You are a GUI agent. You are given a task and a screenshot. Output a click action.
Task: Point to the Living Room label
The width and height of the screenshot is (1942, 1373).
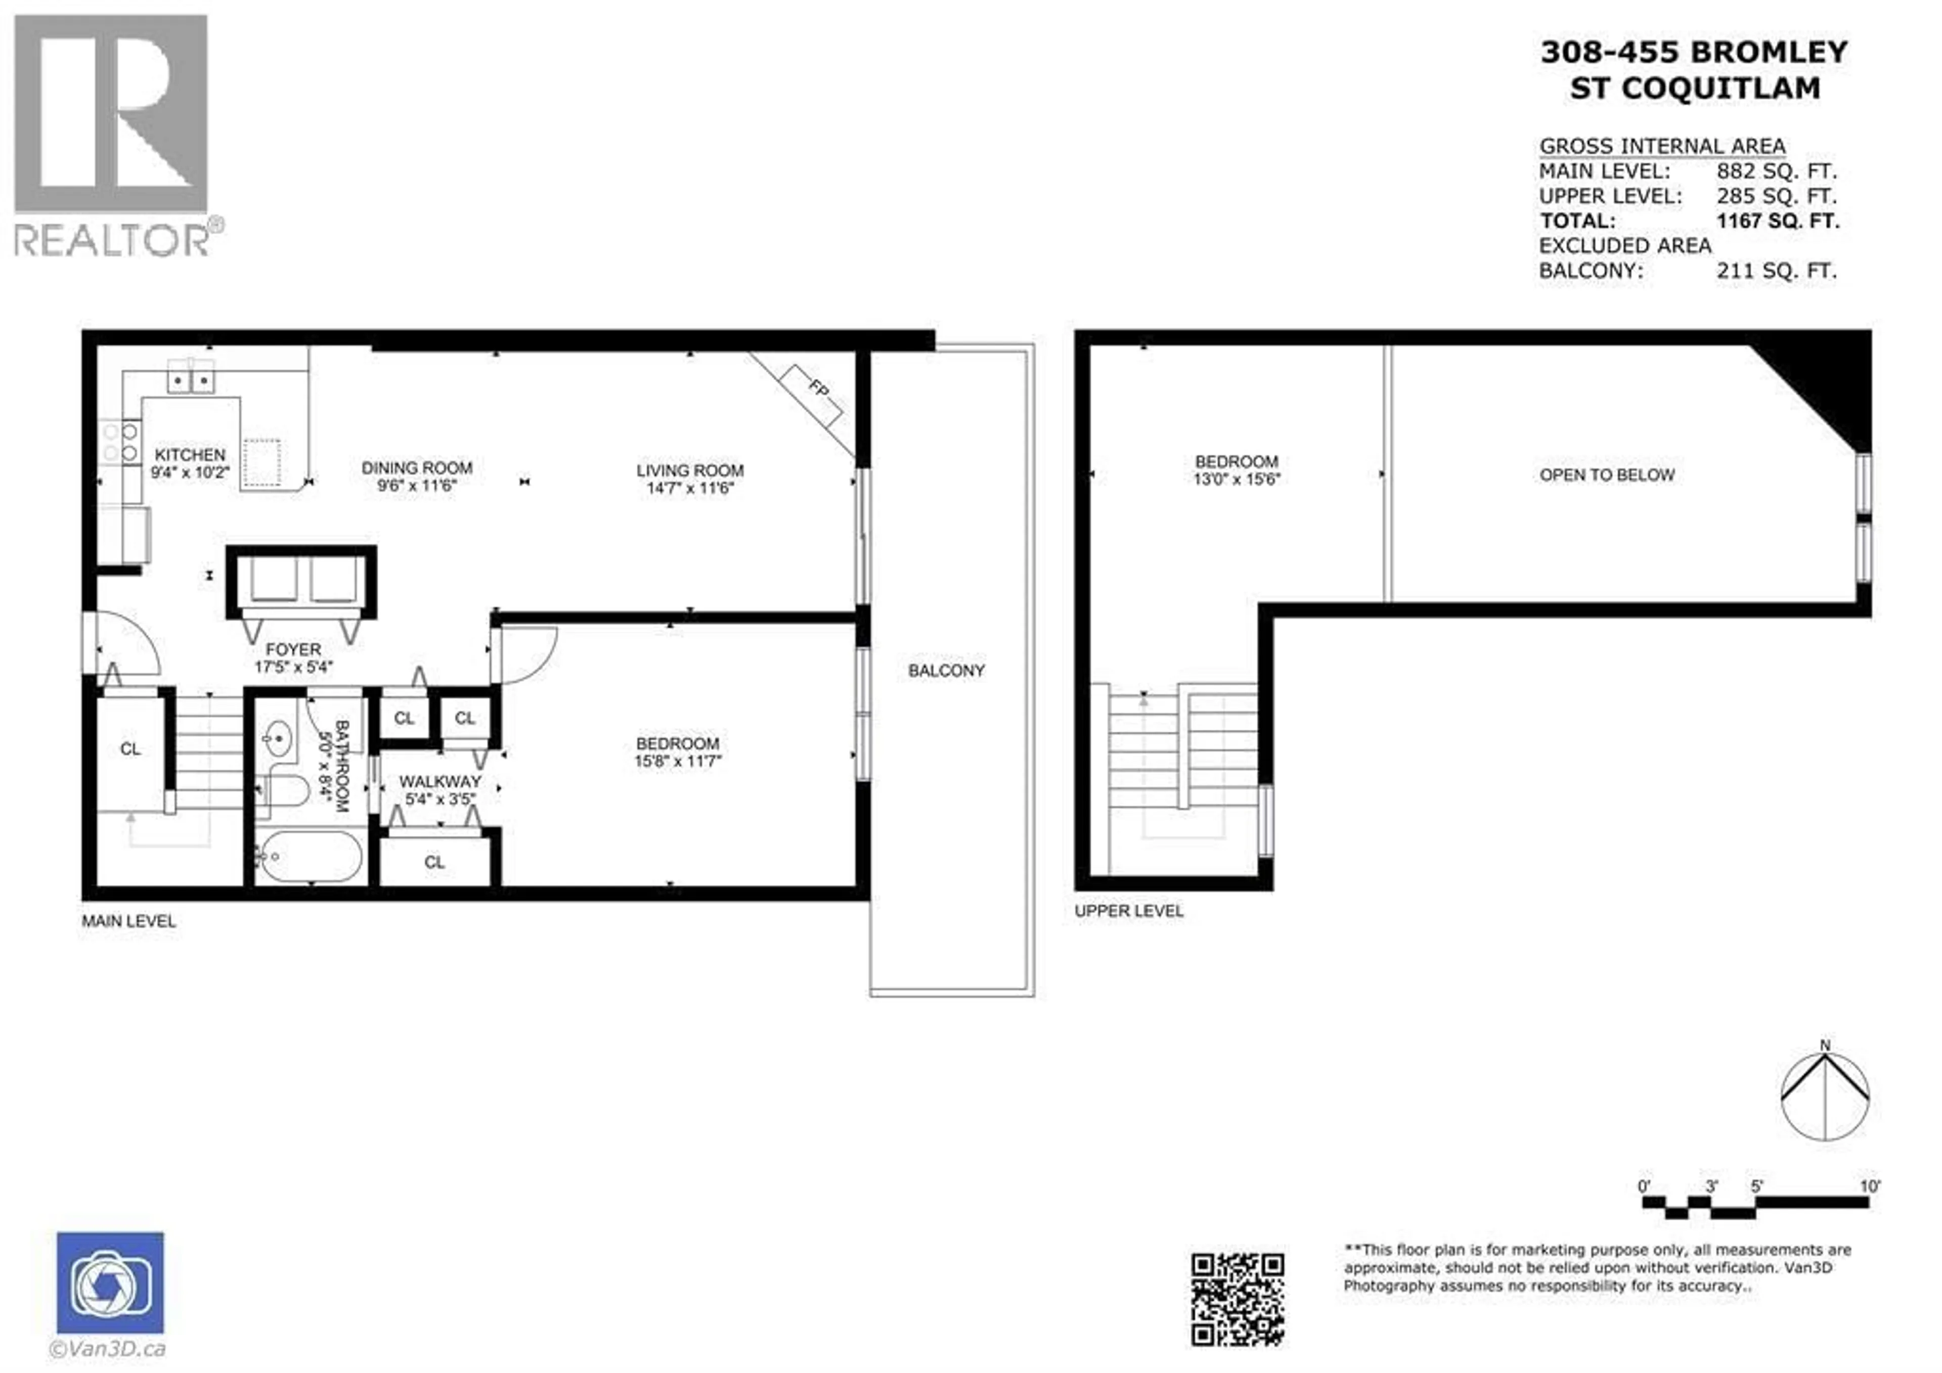click(x=689, y=470)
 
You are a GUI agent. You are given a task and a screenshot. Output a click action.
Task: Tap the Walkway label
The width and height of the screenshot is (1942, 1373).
click(x=440, y=782)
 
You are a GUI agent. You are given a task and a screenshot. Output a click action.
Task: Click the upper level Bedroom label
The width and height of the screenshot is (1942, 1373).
click(x=1235, y=462)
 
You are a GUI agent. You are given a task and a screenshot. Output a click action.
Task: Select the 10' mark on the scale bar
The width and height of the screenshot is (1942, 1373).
click(x=1869, y=1186)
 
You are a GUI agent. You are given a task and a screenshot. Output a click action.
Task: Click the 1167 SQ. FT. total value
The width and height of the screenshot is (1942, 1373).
click(x=1777, y=222)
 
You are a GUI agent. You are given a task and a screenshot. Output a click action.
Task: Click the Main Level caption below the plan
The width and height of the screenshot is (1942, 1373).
click(x=128, y=921)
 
